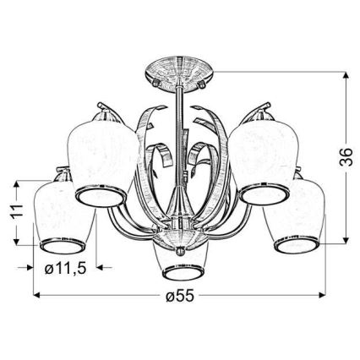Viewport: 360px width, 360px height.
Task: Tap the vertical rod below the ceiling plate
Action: pyautogui.click(x=181, y=127)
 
